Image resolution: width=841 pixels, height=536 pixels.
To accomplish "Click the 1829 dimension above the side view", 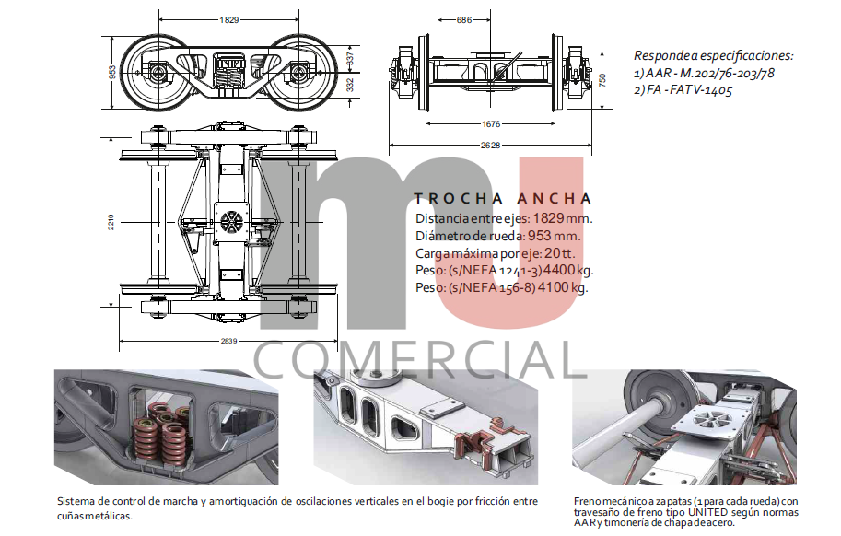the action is (229, 20).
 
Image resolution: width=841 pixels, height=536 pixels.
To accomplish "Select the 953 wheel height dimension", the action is (112, 72).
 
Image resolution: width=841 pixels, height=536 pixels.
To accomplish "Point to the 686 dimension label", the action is (464, 20).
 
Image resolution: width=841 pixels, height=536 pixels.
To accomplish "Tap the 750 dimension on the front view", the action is (602, 80).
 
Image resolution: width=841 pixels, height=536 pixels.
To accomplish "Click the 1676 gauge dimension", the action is (491, 123).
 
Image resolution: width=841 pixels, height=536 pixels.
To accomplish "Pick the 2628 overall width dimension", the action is (490, 145).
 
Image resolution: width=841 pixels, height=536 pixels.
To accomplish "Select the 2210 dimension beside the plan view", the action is (111, 222).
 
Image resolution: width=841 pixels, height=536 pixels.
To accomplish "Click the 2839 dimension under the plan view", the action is (228, 341).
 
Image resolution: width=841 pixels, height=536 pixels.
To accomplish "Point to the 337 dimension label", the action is (350, 57).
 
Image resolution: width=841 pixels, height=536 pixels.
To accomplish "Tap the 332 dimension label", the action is (350, 85).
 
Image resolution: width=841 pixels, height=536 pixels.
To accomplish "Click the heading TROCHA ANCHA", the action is (503, 199).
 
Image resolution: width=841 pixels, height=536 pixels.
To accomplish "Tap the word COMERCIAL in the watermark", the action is (419, 361).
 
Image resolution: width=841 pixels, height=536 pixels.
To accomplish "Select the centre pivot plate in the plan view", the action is (232, 220).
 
